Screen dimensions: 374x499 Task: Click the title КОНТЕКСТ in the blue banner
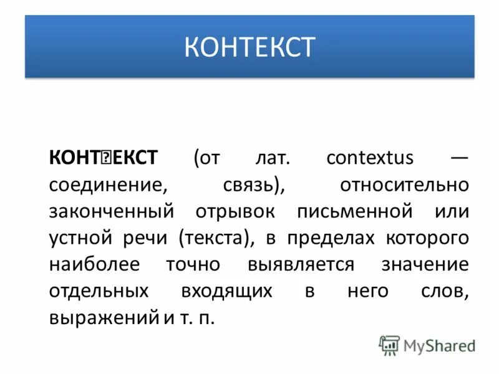pyautogui.click(x=249, y=47)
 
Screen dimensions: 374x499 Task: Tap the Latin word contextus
pyautogui.click(x=369, y=158)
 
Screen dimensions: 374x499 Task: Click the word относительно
pyautogui.click(x=404, y=185)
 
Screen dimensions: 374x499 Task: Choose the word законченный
pyautogui.click(x=110, y=211)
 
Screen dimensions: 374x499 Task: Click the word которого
pyautogui.click(x=427, y=237)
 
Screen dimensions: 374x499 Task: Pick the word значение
pyautogui.click(x=424, y=264)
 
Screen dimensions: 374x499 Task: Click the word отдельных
pyautogui.click(x=99, y=290)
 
